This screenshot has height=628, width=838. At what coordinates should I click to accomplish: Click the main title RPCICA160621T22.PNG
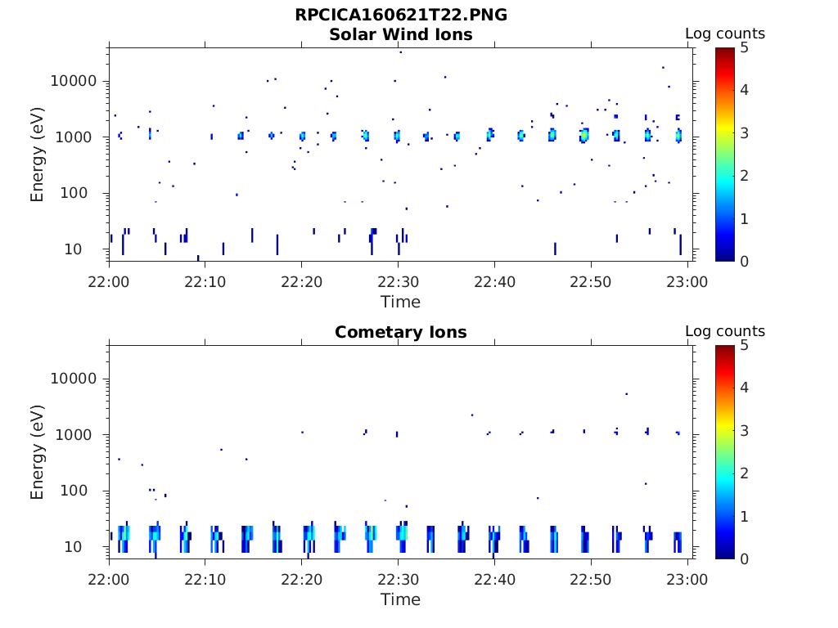tap(401, 16)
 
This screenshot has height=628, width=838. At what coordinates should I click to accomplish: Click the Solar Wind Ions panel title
tap(401, 34)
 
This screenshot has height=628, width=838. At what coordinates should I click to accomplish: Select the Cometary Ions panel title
tap(401, 332)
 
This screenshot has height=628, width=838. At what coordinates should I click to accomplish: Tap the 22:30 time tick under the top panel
tap(398, 281)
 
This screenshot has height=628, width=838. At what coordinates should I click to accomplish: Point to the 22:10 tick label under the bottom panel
tap(205, 579)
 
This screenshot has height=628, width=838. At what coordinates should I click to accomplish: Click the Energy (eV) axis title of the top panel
tap(38, 155)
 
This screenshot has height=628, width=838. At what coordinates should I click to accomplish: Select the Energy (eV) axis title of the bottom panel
tap(38, 452)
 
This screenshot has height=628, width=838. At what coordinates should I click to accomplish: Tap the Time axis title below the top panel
tap(401, 302)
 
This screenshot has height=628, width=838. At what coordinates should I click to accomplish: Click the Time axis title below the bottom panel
tap(401, 599)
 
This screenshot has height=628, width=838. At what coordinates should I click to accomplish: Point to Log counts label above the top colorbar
tap(725, 34)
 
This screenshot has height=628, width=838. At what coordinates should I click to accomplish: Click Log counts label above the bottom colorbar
tap(725, 331)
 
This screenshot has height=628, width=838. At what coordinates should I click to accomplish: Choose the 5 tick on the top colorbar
tap(746, 47)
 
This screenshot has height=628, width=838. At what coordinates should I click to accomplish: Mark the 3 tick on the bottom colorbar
tap(746, 430)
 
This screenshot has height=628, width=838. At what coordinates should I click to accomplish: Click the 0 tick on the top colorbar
tap(746, 261)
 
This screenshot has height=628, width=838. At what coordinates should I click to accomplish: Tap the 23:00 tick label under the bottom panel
tap(687, 579)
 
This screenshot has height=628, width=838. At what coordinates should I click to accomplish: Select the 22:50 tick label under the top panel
tap(591, 281)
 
